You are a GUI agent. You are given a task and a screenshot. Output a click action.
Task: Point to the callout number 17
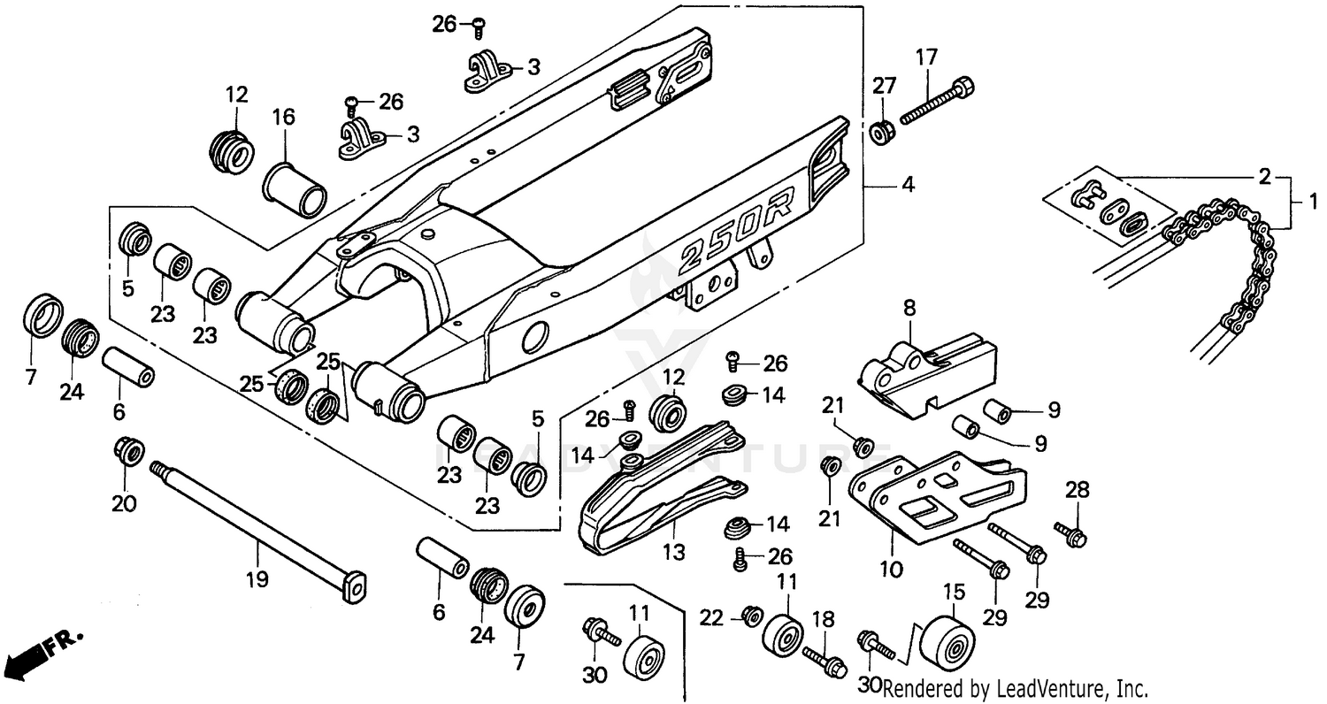click(925, 58)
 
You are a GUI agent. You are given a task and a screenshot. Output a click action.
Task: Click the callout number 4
click(908, 186)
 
